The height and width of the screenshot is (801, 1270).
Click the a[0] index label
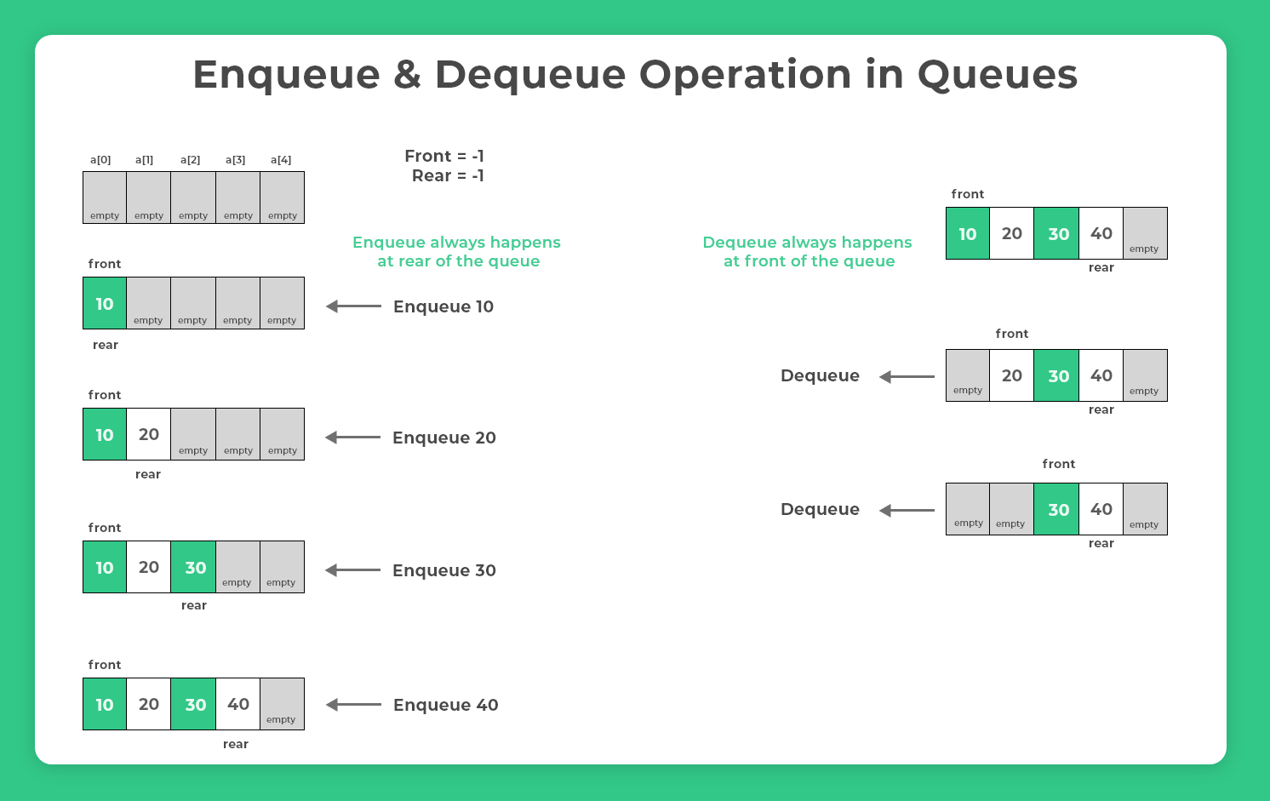pyautogui.click(x=100, y=160)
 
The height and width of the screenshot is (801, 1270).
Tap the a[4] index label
pyautogui.click(x=281, y=160)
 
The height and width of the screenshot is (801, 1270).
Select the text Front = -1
pyautogui.click(x=444, y=156)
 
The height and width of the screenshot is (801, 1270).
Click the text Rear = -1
pyautogui.click(x=448, y=176)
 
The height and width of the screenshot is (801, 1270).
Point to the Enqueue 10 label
pyautogui.click(x=443, y=306)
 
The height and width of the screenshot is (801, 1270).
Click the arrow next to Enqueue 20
pyautogui.click(x=353, y=438)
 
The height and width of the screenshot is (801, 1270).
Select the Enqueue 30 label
pyautogui.click(x=444, y=570)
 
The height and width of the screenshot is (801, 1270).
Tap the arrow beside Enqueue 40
pyautogui.click(x=354, y=705)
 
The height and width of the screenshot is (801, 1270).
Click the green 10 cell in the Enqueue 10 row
pyautogui.click(x=105, y=304)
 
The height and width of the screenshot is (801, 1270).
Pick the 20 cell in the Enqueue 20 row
pyautogui.click(x=149, y=435)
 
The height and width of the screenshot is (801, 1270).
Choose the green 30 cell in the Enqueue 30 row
pyautogui.click(x=195, y=568)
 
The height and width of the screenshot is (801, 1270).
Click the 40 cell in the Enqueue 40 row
pyautogui.click(x=238, y=705)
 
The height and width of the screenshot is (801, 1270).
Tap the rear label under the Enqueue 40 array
pyautogui.click(x=236, y=744)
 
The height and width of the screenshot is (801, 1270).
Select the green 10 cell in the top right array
pyautogui.click(x=968, y=234)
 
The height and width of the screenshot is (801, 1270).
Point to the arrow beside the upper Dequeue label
pyautogui.click(x=907, y=376)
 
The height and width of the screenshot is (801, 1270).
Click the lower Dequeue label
pyautogui.click(x=820, y=509)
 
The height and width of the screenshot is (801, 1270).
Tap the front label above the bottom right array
pyautogui.click(x=1059, y=464)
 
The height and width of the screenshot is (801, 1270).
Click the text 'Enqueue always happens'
pyautogui.click(x=456, y=243)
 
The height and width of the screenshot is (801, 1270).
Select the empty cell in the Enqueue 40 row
pyautogui.click(x=282, y=705)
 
